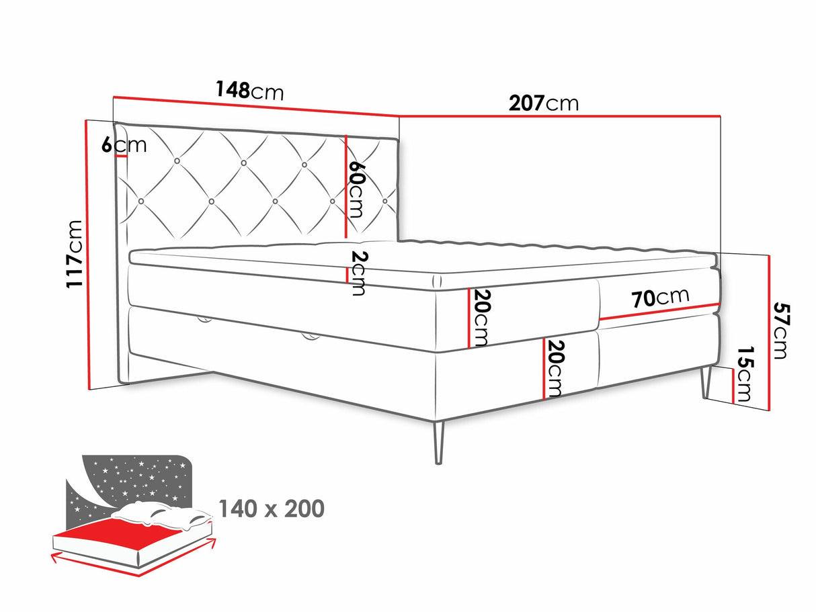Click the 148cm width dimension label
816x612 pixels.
(x=249, y=90)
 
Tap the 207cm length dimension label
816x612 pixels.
(x=544, y=103)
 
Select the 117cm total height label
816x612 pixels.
(x=74, y=254)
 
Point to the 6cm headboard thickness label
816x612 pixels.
(x=124, y=144)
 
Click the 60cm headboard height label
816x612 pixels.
(x=356, y=189)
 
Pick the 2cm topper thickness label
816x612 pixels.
(x=359, y=273)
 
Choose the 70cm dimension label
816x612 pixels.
(x=660, y=298)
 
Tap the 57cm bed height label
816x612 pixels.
(x=781, y=331)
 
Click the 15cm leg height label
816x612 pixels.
(x=744, y=374)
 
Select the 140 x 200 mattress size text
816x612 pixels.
(x=272, y=509)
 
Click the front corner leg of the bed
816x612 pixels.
(x=439, y=442)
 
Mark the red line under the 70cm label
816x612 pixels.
(x=660, y=312)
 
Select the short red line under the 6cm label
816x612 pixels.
(x=121, y=156)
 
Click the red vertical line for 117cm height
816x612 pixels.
(x=88, y=255)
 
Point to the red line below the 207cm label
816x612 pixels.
(x=560, y=116)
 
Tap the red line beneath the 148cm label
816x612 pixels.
(x=256, y=106)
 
